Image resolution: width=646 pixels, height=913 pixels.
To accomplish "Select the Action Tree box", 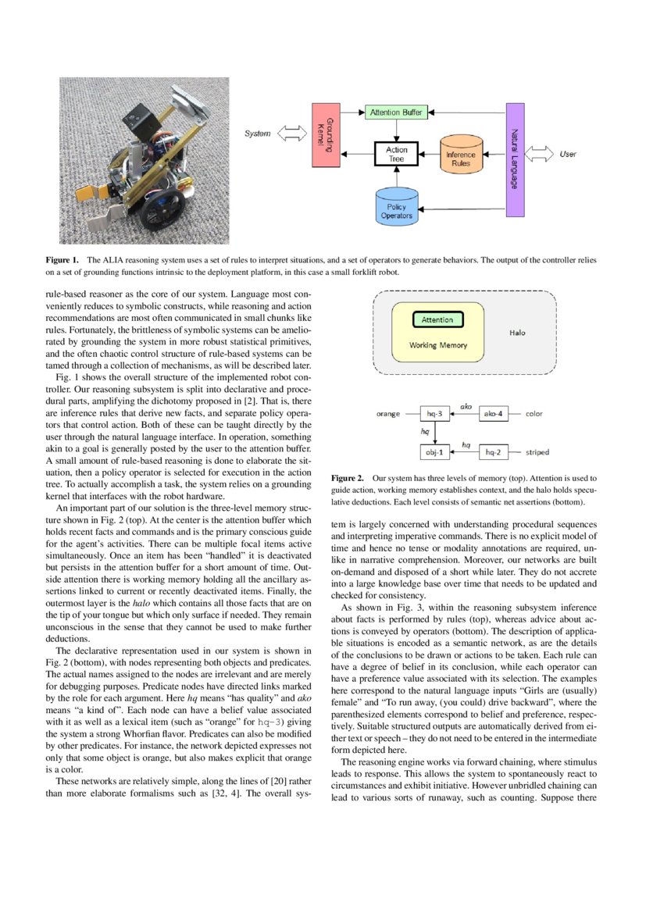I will (x=397, y=154).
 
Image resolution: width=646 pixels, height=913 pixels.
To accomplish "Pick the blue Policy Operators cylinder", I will (x=396, y=209).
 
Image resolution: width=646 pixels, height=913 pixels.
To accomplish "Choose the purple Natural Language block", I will (x=514, y=159).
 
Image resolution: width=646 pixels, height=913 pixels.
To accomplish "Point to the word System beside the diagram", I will (x=257, y=134).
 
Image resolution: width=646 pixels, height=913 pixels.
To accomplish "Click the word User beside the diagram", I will (x=568, y=154).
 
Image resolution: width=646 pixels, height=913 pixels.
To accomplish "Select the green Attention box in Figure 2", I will (x=437, y=319).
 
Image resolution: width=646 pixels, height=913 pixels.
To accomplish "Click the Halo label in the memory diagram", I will (x=517, y=332).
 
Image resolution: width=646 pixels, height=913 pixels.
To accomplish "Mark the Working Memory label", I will (x=438, y=344).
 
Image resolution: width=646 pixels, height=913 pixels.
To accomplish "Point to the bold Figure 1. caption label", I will (x=62, y=259).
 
